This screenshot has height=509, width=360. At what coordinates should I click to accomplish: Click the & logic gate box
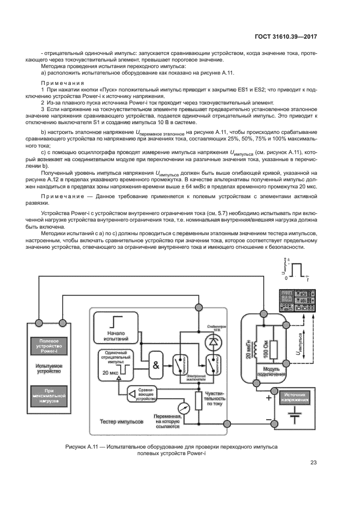156,381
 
